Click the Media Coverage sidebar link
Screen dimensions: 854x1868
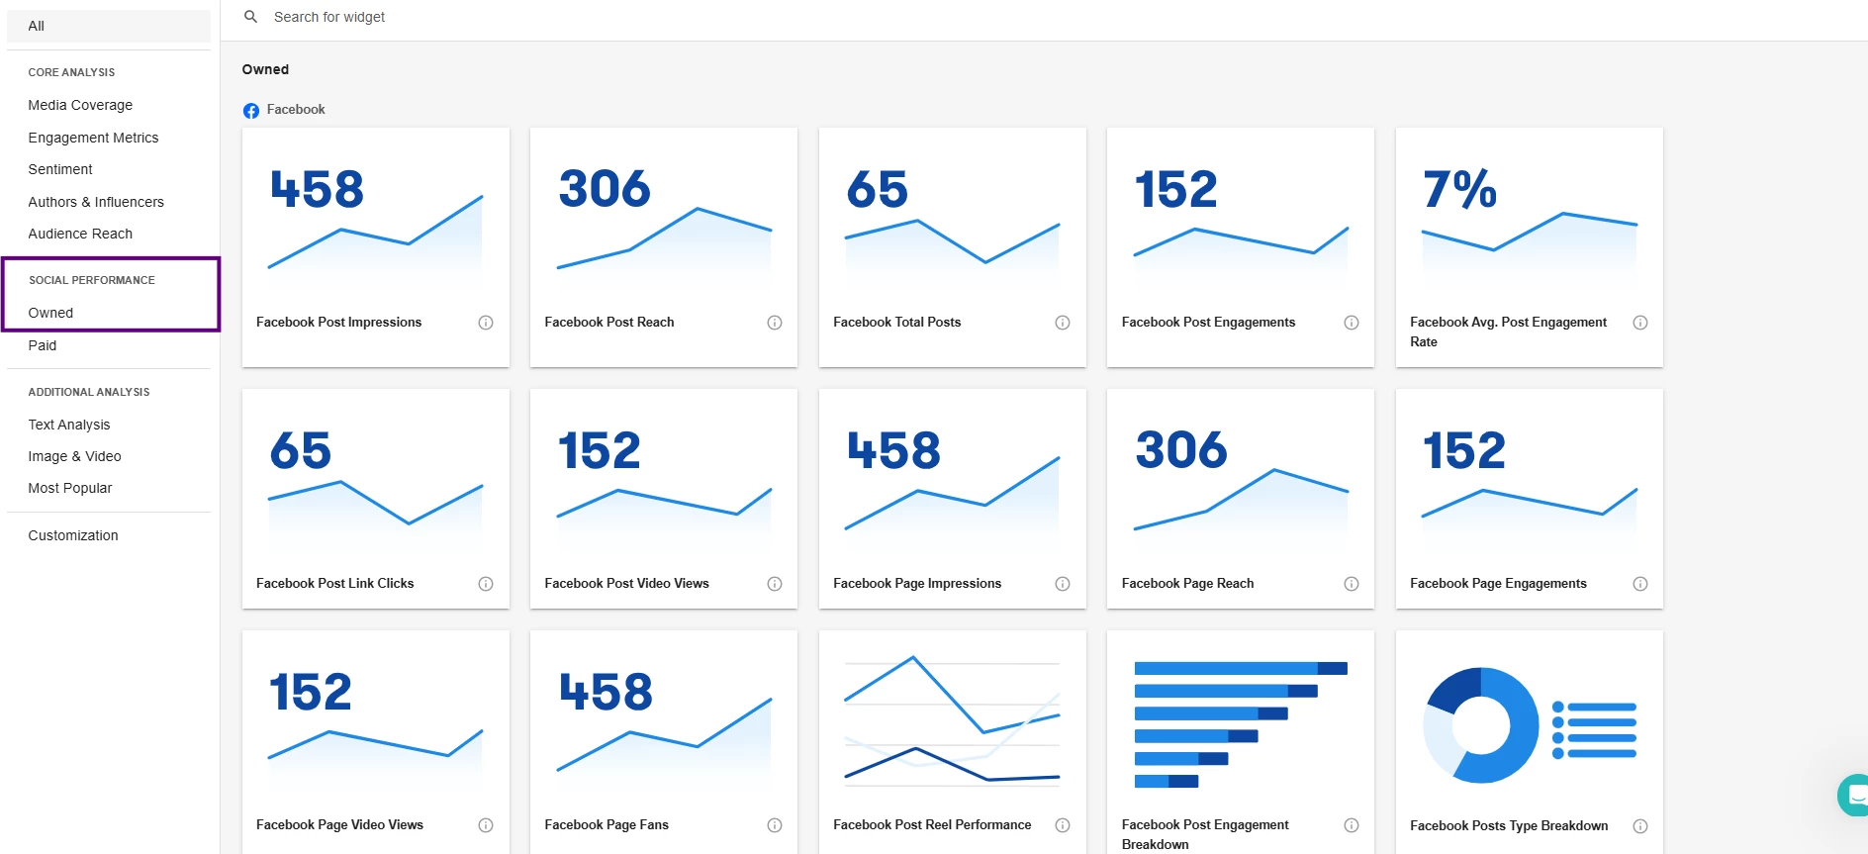[x=80, y=105]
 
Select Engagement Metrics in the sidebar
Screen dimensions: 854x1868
[x=93, y=138]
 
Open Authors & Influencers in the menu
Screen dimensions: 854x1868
[x=96, y=202]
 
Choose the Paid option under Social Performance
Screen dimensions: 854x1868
[x=43, y=345]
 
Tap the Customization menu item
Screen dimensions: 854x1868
[x=73, y=535]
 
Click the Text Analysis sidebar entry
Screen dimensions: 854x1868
[x=69, y=425]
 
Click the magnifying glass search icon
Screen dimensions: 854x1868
[x=251, y=17]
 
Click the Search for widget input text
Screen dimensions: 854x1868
[x=329, y=17]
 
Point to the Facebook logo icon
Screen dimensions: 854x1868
[x=251, y=111]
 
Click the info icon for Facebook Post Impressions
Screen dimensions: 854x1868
[x=486, y=323]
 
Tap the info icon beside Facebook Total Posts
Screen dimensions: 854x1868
[x=1063, y=323]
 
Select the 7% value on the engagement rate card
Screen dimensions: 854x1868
[x=1459, y=189]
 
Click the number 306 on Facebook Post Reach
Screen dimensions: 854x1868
[x=605, y=189]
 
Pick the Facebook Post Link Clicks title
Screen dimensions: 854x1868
[x=335, y=584]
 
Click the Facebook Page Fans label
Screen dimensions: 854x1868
[x=607, y=825]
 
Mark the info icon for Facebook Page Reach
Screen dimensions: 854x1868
[x=1352, y=584]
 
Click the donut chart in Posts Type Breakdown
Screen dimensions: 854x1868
[x=1481, y=725]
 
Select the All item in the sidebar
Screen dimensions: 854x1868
[x=37, y=26]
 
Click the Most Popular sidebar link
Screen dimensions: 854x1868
[x=70, y=488]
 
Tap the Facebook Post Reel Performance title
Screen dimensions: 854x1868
[x=932, y=825]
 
